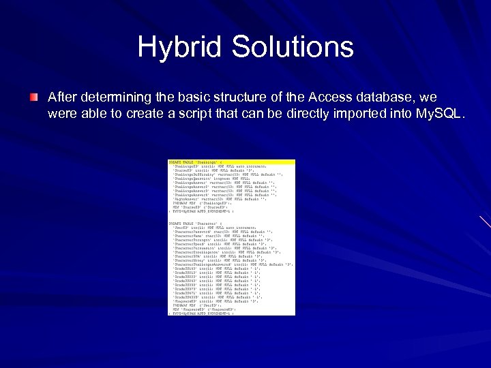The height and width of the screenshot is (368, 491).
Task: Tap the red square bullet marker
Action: click(33, 98)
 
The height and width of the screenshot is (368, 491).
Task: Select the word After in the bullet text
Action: click(62, 97)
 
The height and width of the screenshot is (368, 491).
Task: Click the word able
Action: click(93, 114)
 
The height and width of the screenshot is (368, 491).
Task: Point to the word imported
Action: click(353, 114)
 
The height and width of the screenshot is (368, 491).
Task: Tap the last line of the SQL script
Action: click(201, 313)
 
